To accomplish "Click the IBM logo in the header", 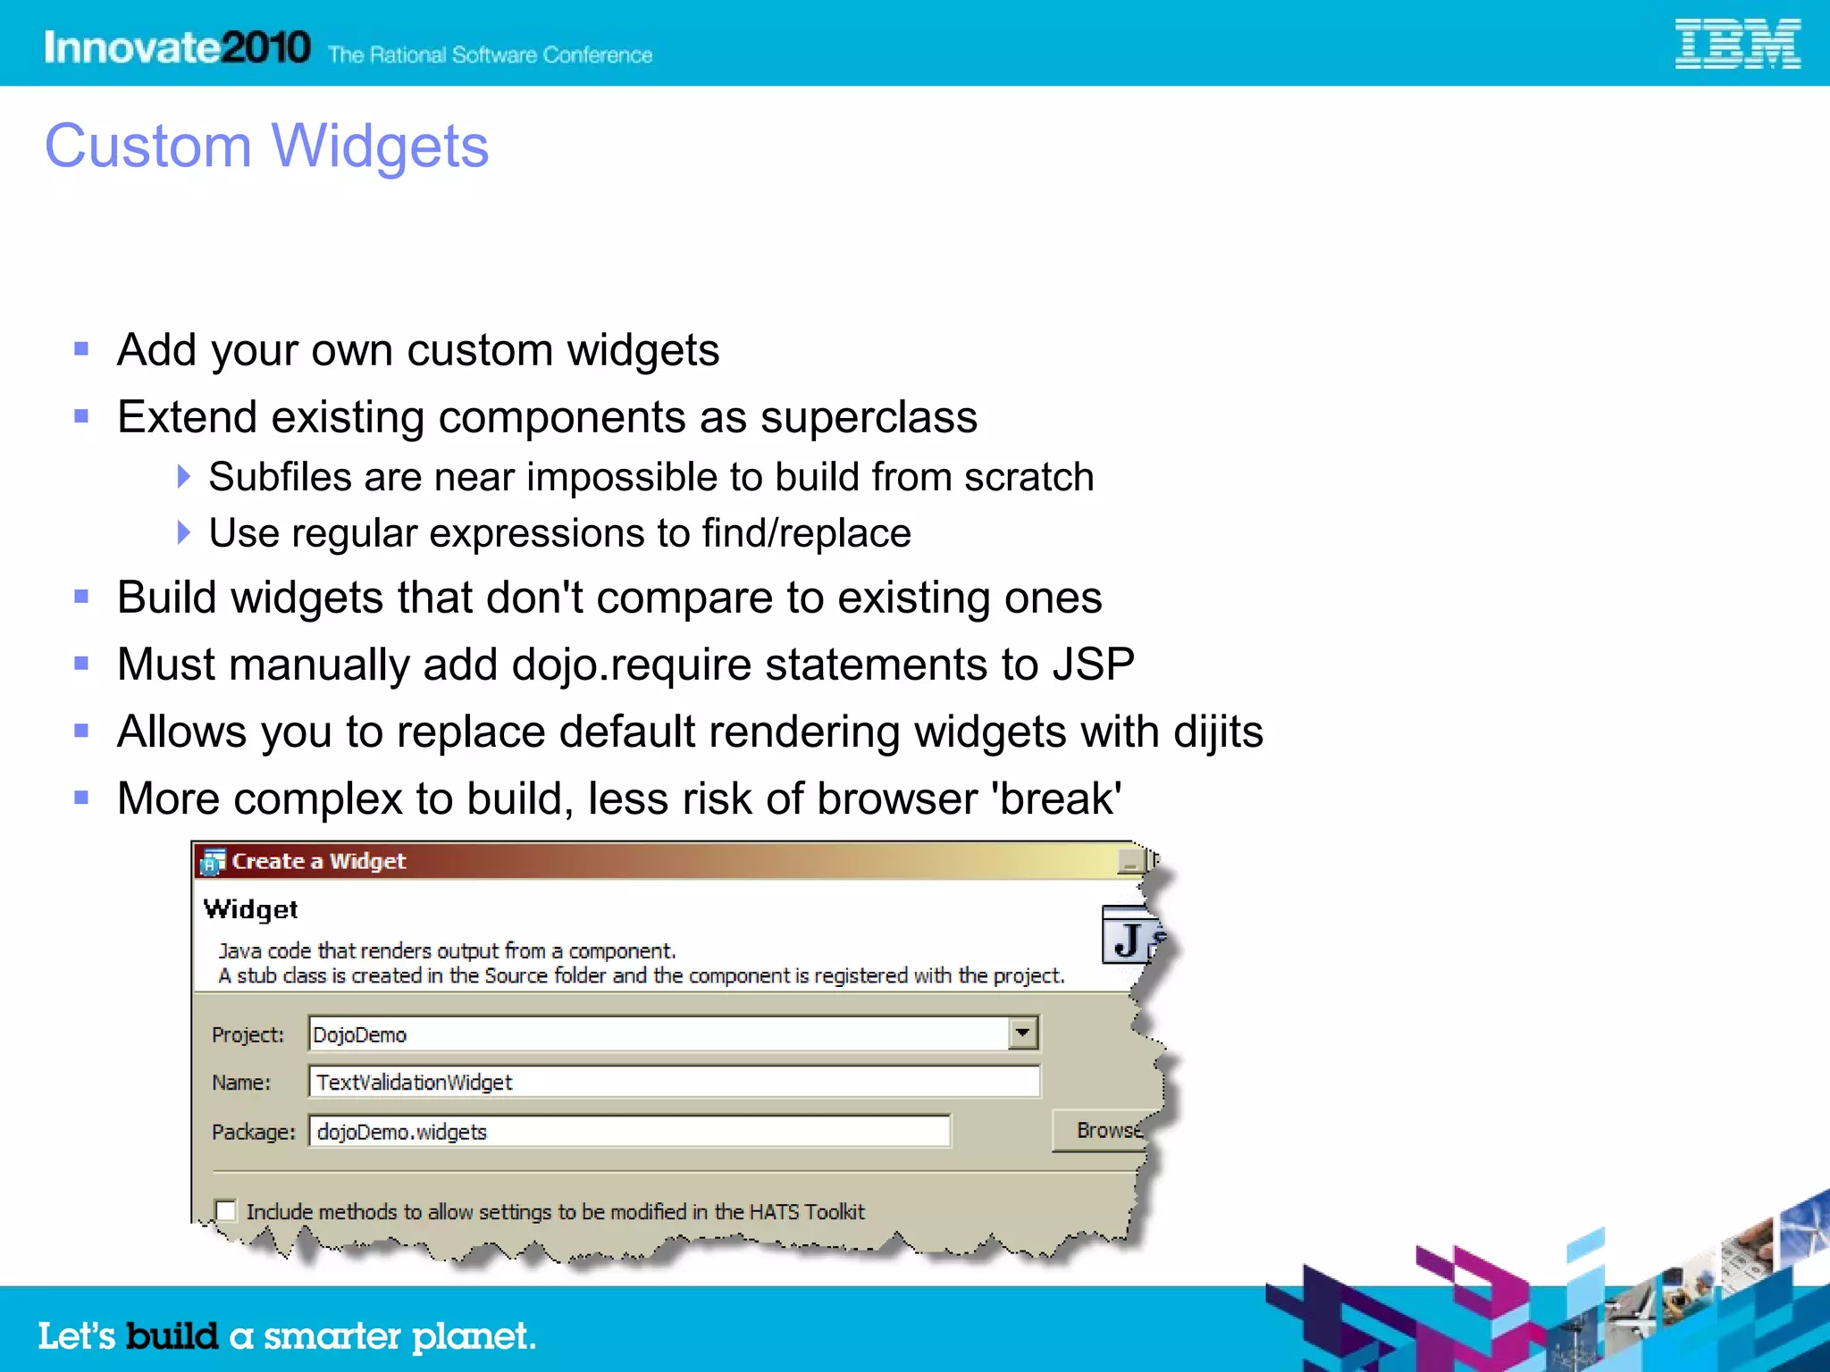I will [x=1736, y=44].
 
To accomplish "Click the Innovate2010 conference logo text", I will [x=177, y=47].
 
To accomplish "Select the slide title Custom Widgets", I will [x=266, y=146].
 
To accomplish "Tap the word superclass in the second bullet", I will [x=869, y=418].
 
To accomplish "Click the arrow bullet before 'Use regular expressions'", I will [x=184, y=533].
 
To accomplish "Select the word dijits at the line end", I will [x=1217, y=732].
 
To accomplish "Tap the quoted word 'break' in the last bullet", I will [x=1056, y=799].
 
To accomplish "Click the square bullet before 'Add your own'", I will [x=81, y=349].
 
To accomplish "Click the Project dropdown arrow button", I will [x=1023, y=1033].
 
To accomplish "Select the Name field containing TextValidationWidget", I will [x=674, y=1082].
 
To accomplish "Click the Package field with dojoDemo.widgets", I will [x=629, y=1132].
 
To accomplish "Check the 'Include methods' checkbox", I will [x=226, y=1211].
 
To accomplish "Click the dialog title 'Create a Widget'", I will [x=318, y=861].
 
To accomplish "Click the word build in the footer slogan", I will [x=172, y=1336].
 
